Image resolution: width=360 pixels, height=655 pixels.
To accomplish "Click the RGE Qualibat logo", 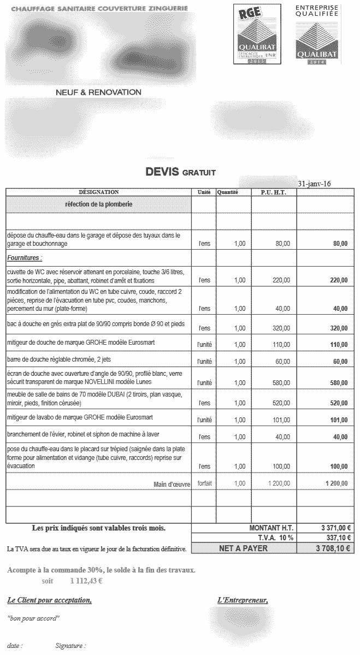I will [257, 34].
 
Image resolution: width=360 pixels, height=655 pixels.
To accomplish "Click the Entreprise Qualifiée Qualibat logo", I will [318, 34].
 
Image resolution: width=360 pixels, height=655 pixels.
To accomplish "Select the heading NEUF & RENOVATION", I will [98, 92].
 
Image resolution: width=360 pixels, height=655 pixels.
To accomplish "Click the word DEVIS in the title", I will [162, 172].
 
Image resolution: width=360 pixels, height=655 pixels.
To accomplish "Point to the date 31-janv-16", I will [314, 184].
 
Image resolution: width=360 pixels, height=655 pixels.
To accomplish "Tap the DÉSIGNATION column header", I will [98, 192].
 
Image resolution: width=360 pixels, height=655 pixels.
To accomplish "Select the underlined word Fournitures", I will [25, 257].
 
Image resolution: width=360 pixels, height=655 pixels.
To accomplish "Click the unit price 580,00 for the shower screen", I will [282, 383].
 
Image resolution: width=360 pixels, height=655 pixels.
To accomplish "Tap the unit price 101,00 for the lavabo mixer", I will [282, 420].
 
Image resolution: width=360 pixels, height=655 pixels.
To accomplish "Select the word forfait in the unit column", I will [204, 483].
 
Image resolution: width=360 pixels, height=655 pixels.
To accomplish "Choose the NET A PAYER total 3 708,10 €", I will [333, 548].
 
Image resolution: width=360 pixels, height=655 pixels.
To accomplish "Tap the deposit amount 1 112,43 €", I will [86, 580].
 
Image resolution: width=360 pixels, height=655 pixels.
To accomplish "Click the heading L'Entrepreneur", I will [243, 600].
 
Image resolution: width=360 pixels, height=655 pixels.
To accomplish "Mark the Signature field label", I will [70, 646].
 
